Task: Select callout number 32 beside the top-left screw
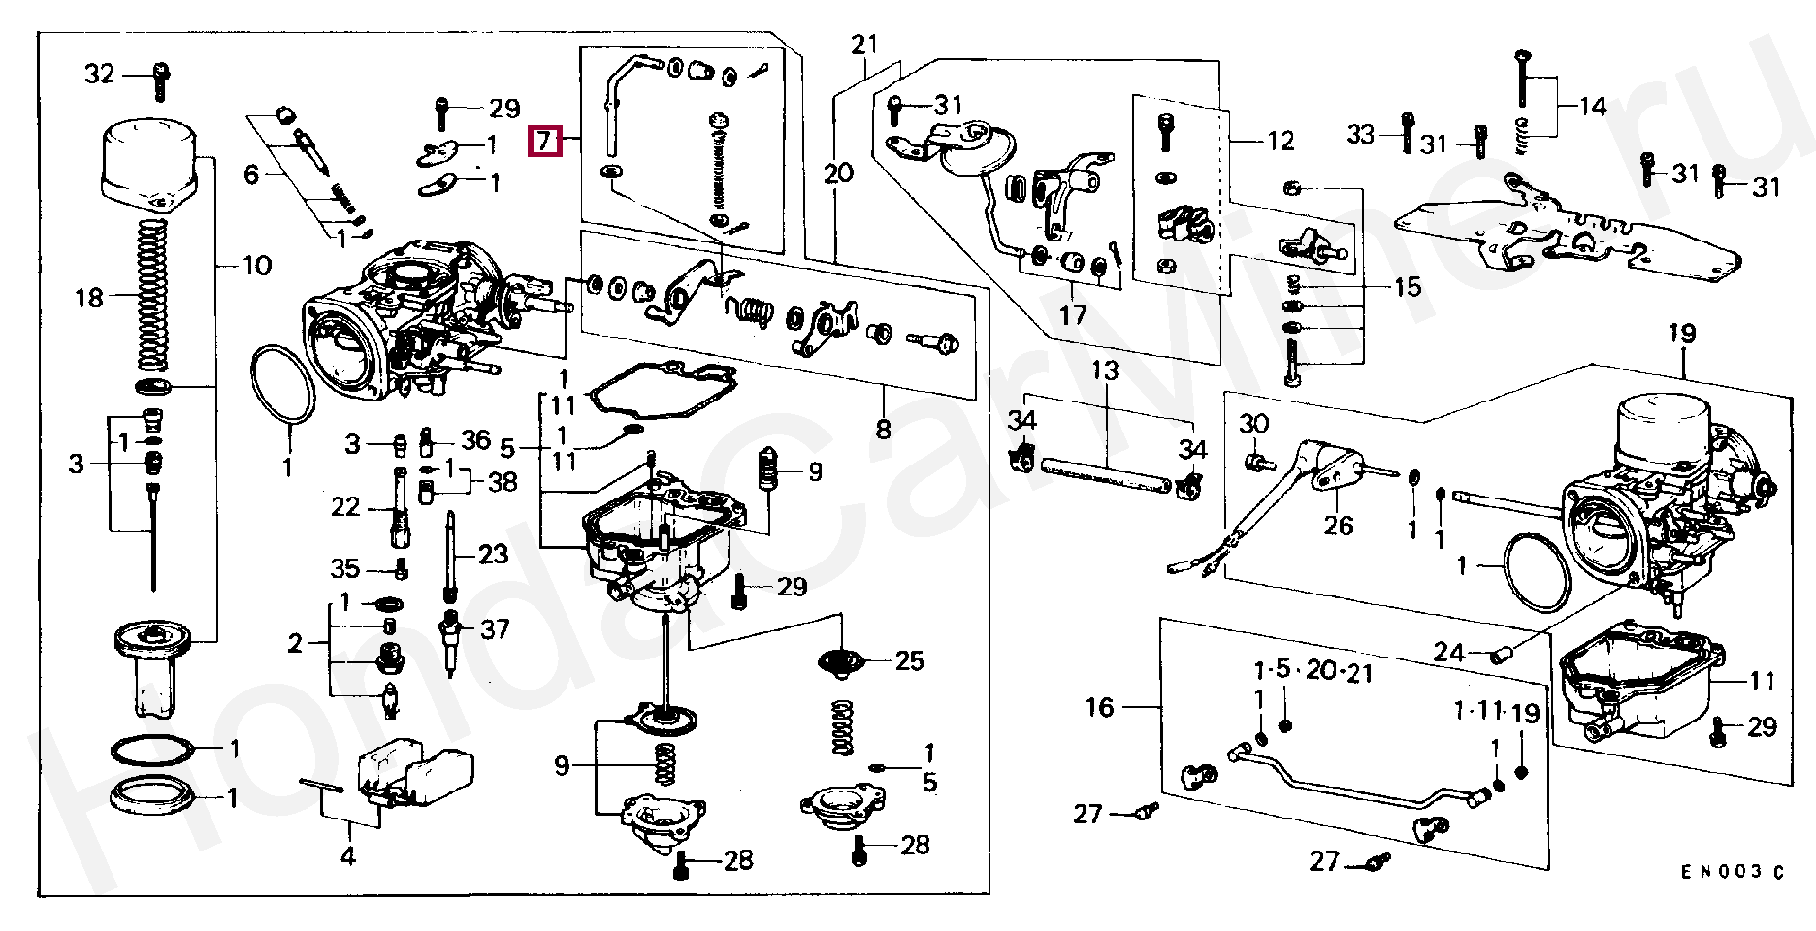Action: [x=99, y=74]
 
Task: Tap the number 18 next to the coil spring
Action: [x=88, y=297]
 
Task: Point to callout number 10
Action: [x=257, y=265]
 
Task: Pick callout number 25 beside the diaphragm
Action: [x=909, y=661]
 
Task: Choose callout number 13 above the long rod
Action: [x=1104, y=370]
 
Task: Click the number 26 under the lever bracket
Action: [x=1339, y=527]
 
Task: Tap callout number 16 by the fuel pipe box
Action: [x=1099, y=707]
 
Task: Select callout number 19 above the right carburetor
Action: [x=1682, y=335]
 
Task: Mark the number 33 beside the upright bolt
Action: [x=1361, y=135]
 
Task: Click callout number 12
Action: [x=1281, y=141]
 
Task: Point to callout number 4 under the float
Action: [x=347, y=856]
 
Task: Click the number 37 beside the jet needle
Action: [x=495, y=630]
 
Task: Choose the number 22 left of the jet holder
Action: [x=345, y=507]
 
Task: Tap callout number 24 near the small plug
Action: [x=1448, y=653]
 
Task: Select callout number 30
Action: [x=1254, y=424]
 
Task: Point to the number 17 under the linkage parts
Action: [x=1073, y=315]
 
